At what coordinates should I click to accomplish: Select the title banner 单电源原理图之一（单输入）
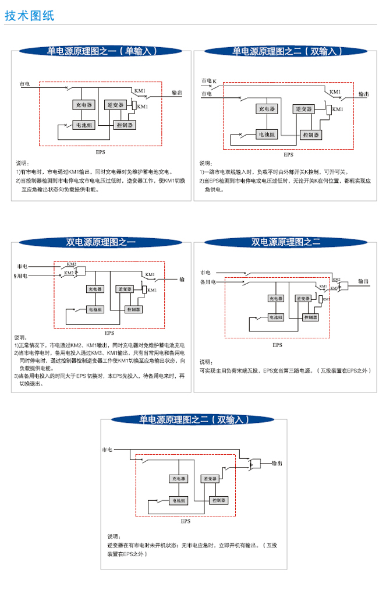(102, 51)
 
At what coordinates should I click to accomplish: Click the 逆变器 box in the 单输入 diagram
(116, 105)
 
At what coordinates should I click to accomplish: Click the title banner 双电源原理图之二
(286, 242)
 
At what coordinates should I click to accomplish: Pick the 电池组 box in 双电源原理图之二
(275, 317)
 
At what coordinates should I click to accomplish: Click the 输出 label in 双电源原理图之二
(363, 281)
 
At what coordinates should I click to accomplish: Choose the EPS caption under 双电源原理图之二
(278, 345)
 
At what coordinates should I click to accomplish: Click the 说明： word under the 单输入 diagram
(22, 163)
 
